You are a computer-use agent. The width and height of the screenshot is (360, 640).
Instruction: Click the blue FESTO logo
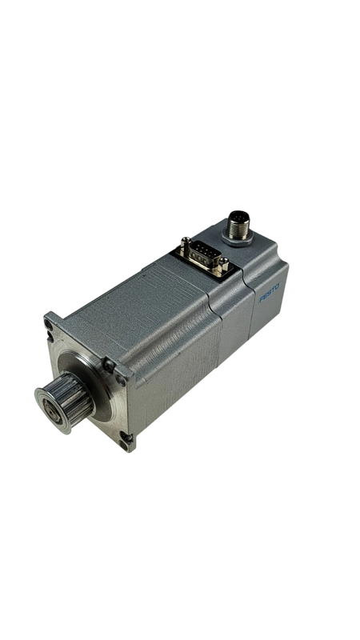(x=270, y=294)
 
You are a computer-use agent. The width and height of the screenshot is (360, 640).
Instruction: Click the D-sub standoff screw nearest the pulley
(x=186, y=244)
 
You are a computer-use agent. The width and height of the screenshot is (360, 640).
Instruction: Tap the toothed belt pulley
(x=66, y=402)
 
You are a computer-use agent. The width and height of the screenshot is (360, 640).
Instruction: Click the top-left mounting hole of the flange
(x=49, y=326)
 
